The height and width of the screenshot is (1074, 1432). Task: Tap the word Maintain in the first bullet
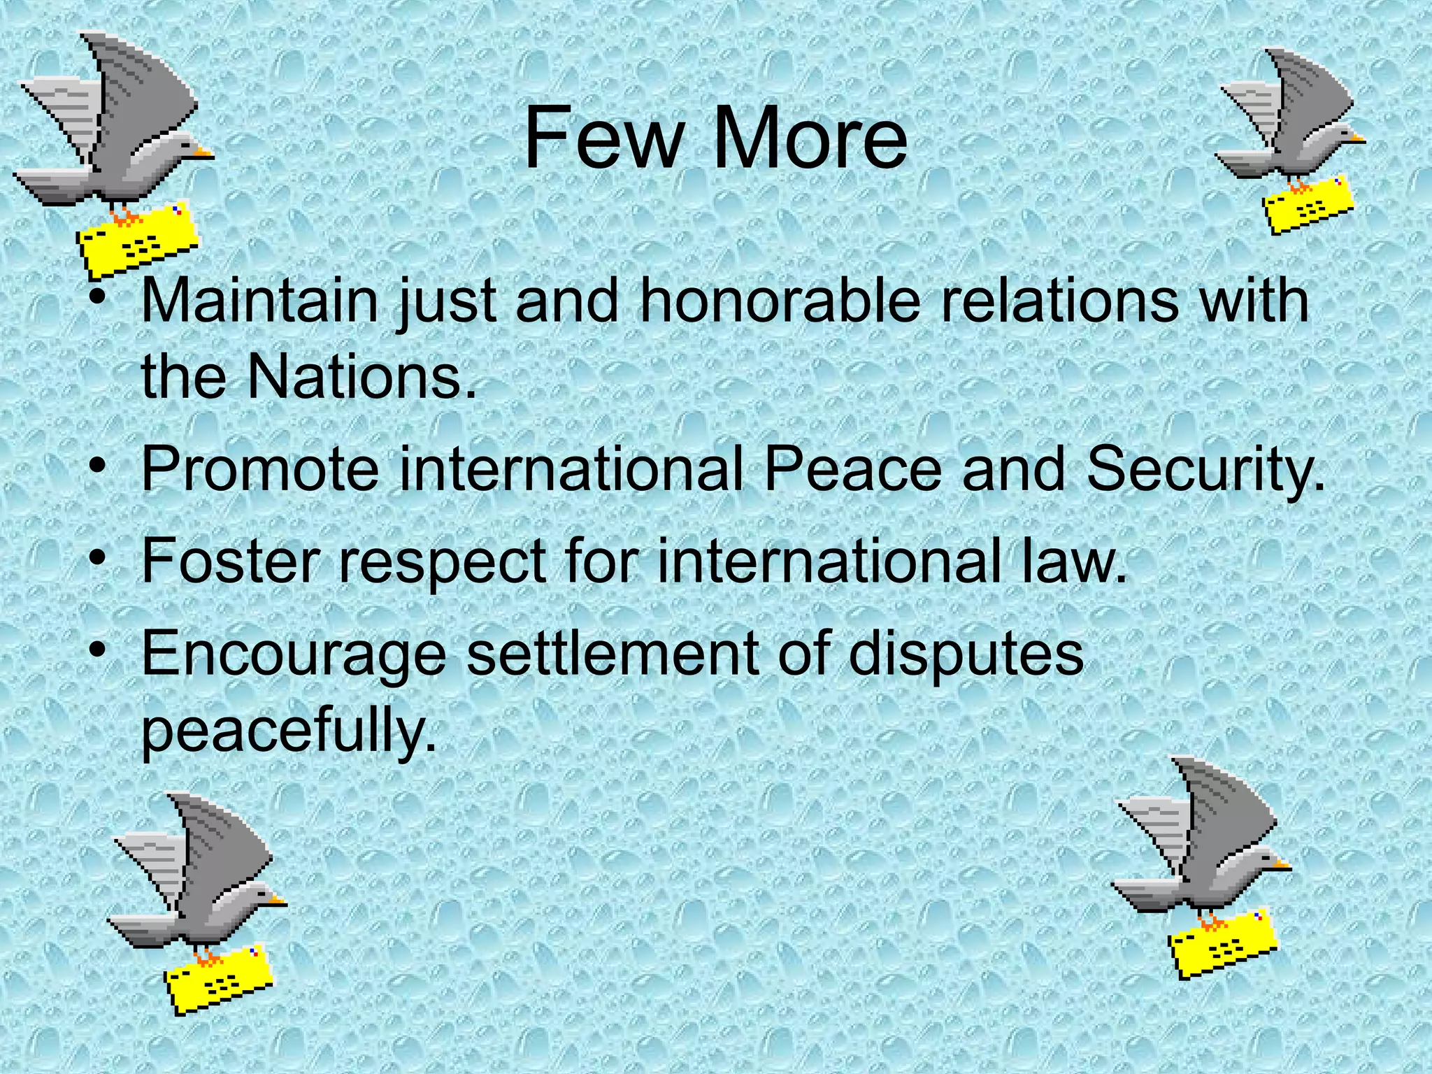[x=259, y=301]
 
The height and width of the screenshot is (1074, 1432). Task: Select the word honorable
[x=779, y=301]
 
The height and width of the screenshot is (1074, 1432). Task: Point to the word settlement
[x=613, y=653]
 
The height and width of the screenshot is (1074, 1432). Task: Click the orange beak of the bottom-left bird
[x=279, y=899]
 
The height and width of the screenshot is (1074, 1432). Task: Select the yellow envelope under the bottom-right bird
[x=1222, y=943]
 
